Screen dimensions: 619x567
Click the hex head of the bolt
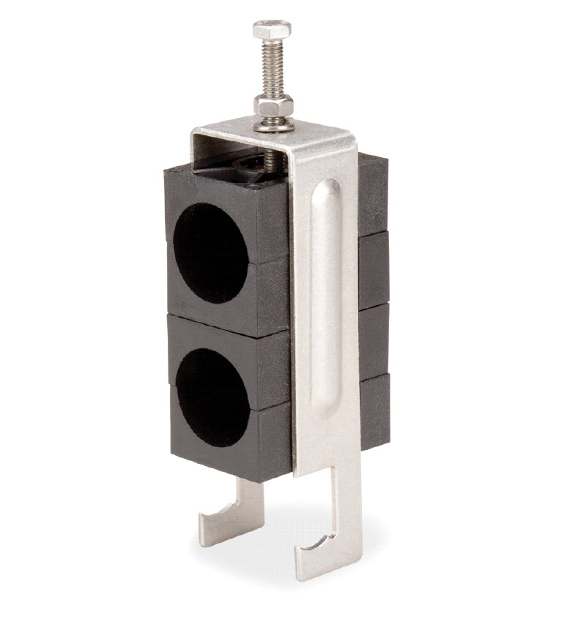[272, 30]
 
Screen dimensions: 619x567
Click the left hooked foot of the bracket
[226, 516]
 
